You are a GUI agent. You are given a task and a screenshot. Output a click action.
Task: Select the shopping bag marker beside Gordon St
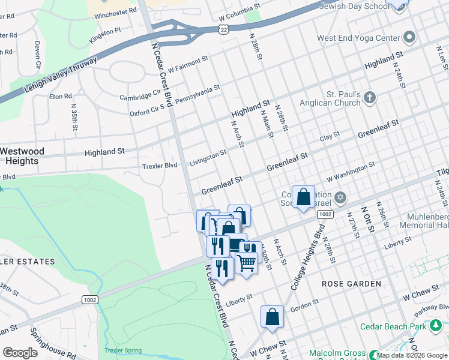click(272, 317)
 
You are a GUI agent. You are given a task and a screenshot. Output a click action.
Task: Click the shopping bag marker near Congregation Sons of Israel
click(303, 197)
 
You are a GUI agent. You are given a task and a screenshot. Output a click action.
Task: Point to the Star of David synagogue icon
click(340, 197)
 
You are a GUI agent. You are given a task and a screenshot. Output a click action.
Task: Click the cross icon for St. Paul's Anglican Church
click(370, 98)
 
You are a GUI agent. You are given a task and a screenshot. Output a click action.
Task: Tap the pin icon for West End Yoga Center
click(409, 38)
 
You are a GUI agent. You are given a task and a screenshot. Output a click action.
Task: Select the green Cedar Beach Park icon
click(436, 326)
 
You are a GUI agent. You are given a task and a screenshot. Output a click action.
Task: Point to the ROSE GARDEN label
click(351, 283)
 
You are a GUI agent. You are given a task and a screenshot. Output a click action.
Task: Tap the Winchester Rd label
click(115, 12)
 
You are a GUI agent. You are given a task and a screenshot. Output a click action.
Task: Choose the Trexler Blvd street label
click(159, 165)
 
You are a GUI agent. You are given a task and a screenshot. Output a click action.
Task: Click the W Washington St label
click(351, 172)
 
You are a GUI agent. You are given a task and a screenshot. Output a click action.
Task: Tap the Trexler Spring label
click(122, 350)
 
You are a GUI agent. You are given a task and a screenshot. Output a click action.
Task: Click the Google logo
click(20, 352)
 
